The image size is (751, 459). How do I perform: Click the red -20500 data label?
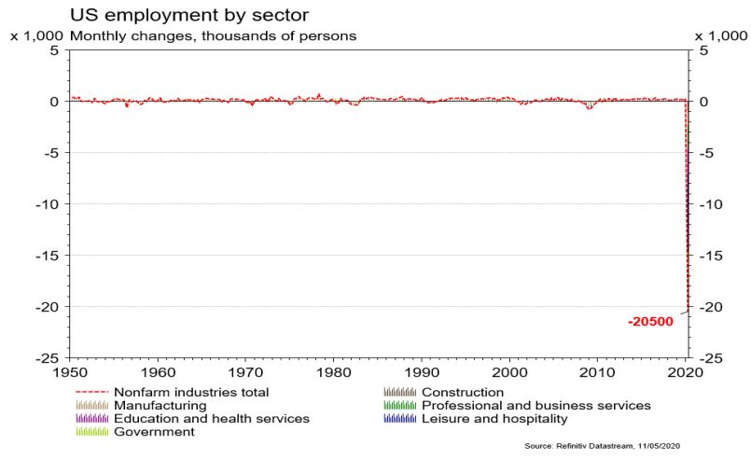click(649, 322)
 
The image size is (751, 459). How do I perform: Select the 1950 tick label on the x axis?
click(70, 371)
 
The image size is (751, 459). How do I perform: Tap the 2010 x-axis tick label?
click(597, 371)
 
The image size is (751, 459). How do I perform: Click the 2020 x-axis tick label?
click(685, 371)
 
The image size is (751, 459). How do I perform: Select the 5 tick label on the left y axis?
click(54, 50)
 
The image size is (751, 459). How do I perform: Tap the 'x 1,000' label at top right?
click(721, 35)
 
